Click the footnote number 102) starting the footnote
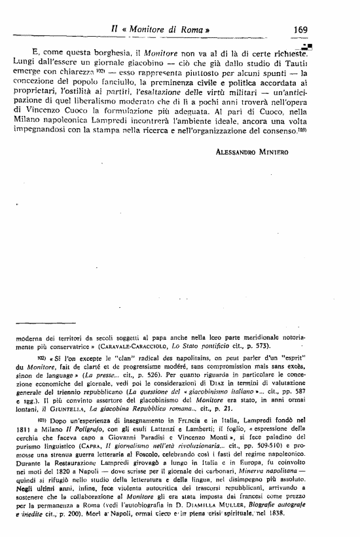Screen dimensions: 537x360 (x=42, y=359)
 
